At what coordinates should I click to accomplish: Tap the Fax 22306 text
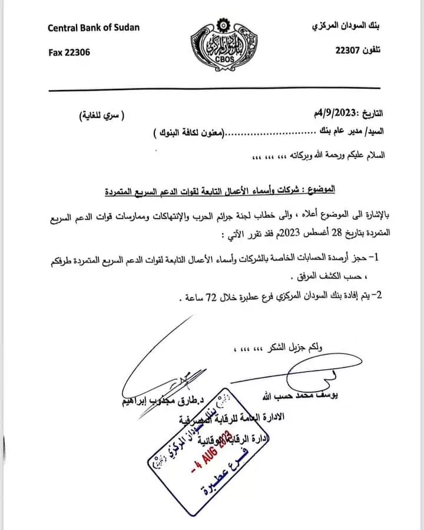pyautogui.click(x=69, y=52)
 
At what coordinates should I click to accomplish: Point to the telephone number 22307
pyautogui.click(x=347, y=51)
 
